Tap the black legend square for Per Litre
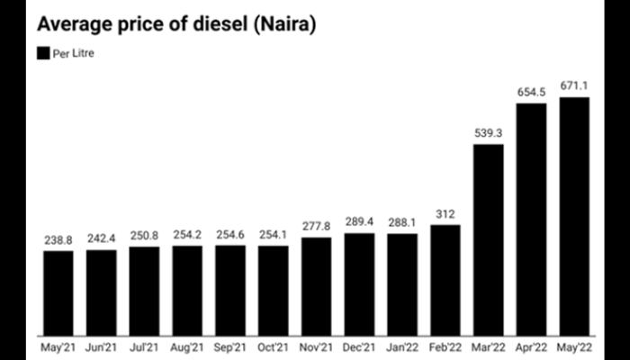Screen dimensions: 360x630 point(42,54)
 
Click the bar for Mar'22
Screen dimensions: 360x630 point(489,238)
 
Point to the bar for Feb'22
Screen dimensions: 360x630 point(445,278)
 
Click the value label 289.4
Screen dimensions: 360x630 point(359,223)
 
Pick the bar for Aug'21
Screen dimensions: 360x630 point(187,288)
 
